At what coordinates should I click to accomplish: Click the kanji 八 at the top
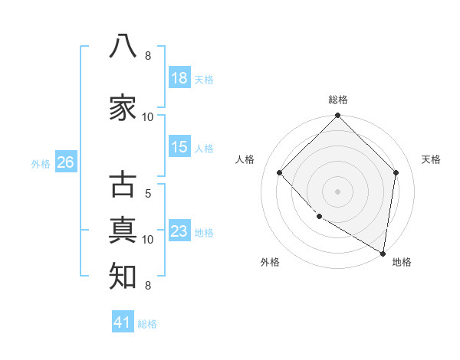point(123,46)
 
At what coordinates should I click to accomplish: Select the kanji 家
point(123,107)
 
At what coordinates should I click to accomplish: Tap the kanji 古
point(123,184)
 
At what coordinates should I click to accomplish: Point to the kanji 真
point(123,231)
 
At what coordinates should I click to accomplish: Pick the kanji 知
point(123,276)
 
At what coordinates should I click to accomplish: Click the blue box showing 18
point(179,77)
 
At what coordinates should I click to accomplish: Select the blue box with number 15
point(179,146)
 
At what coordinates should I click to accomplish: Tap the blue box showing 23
point(179,230)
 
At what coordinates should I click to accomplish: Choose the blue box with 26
point(66,162)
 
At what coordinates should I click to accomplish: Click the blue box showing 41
point(123,321)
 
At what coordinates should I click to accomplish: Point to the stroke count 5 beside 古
point(148,194)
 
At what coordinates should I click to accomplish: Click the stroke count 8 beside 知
point(148,285)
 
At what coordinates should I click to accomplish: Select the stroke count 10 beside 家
point(147,117)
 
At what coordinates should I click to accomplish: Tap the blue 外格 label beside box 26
point(41,164)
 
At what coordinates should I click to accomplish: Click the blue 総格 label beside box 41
point(147,324)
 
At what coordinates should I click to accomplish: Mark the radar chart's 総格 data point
point(337,115)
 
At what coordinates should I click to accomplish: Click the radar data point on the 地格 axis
point(383,254)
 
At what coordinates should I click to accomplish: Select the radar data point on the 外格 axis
point(320,217)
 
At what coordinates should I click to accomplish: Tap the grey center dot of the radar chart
point(337,191)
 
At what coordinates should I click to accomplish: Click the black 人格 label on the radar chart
point(245,159)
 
